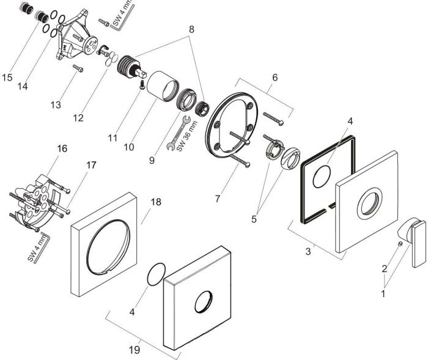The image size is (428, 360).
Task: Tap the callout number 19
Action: coord(135,350)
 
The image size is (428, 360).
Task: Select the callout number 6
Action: coord(275,78)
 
